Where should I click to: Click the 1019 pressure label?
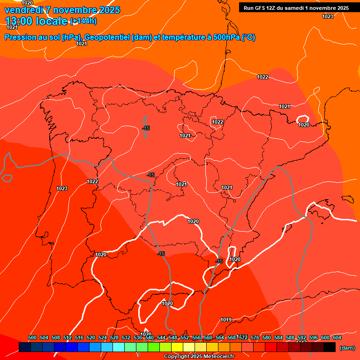coord(226,320)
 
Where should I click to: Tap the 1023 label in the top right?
coord(328,16)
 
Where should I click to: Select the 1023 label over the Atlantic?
coord(62,188)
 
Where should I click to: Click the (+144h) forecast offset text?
coord(83,21)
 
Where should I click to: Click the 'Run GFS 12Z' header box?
coord(296,8)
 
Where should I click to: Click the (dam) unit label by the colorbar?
coord(346,348)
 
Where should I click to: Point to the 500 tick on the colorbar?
coord(32,337)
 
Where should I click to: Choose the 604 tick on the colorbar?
coord(337,337)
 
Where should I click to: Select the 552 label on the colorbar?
coord(185,337)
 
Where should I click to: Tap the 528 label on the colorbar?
coord(114,337)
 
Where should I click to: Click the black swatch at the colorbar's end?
coord(330,347)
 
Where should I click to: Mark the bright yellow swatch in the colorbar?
coord(177,347)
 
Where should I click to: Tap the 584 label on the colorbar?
coord(278,337)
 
